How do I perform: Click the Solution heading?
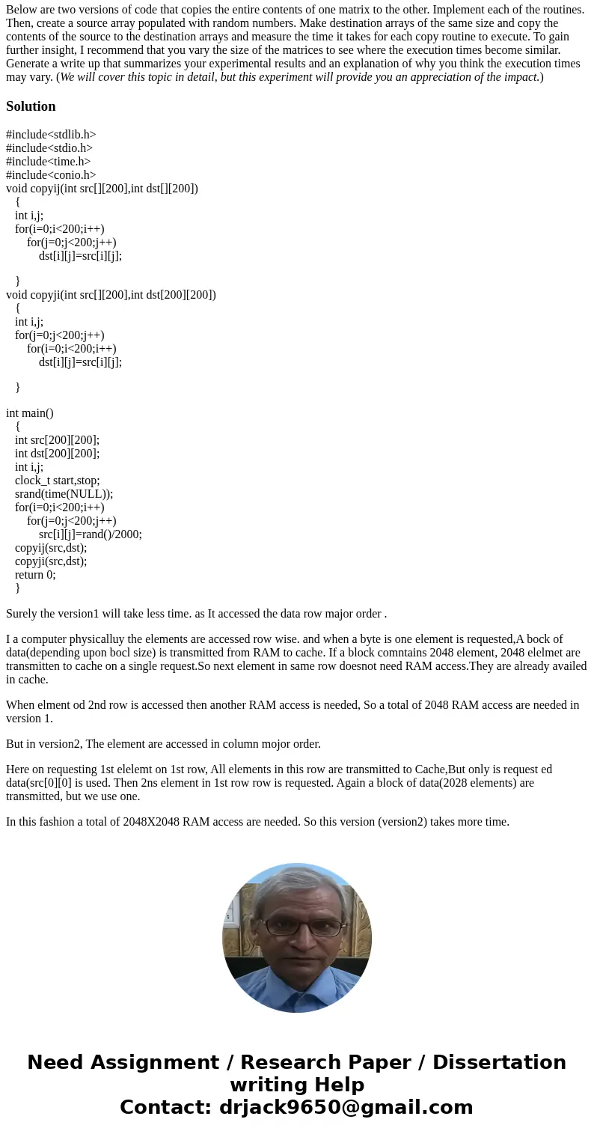pyautogui.click(x=31, y=106)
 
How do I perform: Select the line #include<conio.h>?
pyautogui.click(x=51, y=175)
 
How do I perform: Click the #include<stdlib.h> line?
pyautogui.click(x=51, y=135)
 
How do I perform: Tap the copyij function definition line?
pyautogui.click(x=102, y=189)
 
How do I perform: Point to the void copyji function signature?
pyautogui.click(x=111, y=295)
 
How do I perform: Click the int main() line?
pyautogui.click(x=30, y=413)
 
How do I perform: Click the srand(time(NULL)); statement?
pyautogui.click(x=64, y=494)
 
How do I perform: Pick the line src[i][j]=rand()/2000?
pyautogui.click(x=90, y=534)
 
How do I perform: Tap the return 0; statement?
pyautogui.click(x=35, y=575)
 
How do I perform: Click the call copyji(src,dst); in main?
pyautogui.click(x=51, y=561)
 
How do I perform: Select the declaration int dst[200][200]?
pyautogui.click(x=57, y=454)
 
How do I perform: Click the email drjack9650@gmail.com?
pyautogui.click(x=346, y=1108)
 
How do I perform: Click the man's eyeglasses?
pyautogui.click(x=297, y=927)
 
